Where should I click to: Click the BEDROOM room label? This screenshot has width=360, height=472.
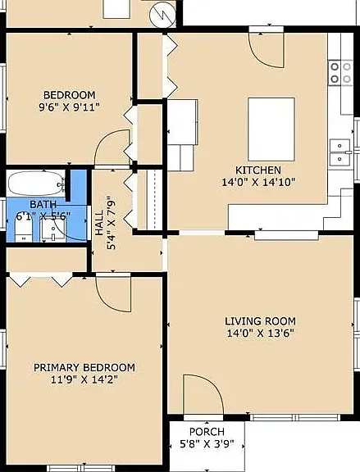click(69, 95)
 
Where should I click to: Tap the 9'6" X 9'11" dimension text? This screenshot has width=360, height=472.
click(69, 107)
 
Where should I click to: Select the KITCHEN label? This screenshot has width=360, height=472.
click(257, 170)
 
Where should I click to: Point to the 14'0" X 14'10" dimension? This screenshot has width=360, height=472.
click(257, 182)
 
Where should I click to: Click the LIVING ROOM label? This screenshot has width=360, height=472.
click(260, 321)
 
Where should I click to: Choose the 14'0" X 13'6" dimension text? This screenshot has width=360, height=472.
click(260, 334)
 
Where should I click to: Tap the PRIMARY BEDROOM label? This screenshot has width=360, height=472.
click(84, 368)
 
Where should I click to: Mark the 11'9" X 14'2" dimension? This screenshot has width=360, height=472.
click(84, 379)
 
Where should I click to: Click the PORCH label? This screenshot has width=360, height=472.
click(207, 432)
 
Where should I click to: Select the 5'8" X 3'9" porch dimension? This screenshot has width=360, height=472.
click(207, 444)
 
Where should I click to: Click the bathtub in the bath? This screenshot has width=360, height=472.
click(36, 184)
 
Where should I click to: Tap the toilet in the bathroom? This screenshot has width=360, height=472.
click(24, 227)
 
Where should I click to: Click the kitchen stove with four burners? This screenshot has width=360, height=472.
click(340, 73)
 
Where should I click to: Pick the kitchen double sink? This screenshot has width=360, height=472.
click(340, 152)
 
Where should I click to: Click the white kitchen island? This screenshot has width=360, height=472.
click(271, 129)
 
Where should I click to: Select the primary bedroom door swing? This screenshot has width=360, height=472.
click(113, 294)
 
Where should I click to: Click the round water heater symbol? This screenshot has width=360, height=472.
click(162, 14)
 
